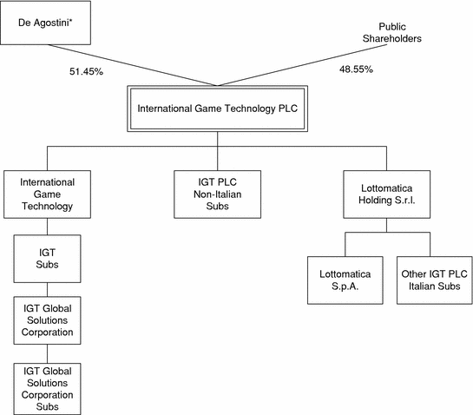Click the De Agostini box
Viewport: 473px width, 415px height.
[45, 23]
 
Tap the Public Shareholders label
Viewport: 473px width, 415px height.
[392, 33]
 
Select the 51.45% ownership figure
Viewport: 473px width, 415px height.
[86, 71]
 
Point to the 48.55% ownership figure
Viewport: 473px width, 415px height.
[356, 69]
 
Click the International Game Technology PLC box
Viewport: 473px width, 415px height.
[218, 109]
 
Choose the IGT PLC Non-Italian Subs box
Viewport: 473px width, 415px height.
[218, 194]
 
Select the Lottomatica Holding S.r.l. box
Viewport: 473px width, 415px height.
[387, 194]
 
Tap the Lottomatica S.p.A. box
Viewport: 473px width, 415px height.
[345, 280]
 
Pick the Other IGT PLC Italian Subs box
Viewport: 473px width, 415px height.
[435, 280]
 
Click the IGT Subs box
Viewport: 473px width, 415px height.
[47, 259]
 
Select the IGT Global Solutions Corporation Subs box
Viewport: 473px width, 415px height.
[47, 389]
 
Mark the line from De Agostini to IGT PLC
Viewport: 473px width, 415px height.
[133, 65]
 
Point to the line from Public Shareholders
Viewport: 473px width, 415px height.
[302, 65]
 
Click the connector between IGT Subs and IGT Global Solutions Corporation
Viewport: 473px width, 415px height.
[47, 290]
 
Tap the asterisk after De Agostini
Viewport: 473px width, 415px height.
[70, 21]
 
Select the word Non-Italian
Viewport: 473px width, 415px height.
[218, 194]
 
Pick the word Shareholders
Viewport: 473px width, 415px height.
[392, 38]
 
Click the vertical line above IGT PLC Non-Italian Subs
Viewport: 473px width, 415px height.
[218, 151]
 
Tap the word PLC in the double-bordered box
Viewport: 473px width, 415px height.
[288, 109]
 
